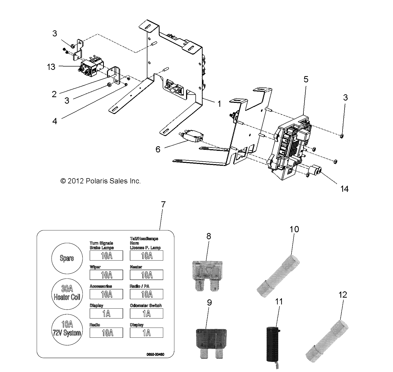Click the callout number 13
pyautogui.click(x=51, y=67)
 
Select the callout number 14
pyautogui.click(x=344, y=189)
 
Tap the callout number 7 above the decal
pyautogui.click(x=163, y=204)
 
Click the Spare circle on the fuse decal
pyautogui.click(x=67, y=258)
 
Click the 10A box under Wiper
pyautogui.click(x=106, y=275)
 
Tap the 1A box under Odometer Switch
pyautogui.click(x=147, y=314)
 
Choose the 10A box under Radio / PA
pyautogui.click(x=147, y=294)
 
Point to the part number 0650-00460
pyautogui.click(x=155, y=354)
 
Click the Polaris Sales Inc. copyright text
pyautogui.click(x=100, y=181)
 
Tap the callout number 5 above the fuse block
pyautogui.click(x=306, y=79)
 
